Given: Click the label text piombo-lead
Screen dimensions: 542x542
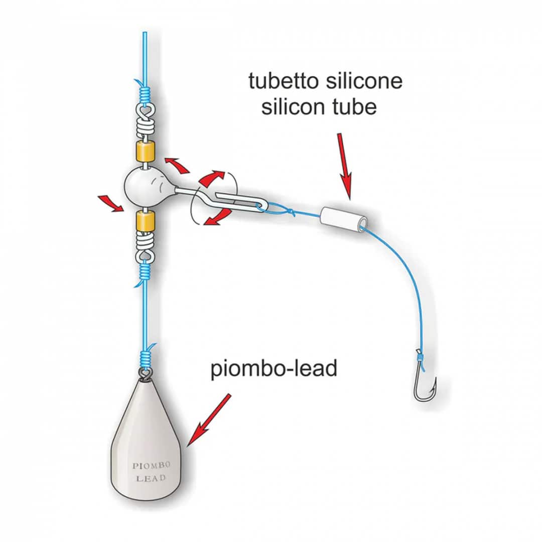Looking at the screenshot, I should pyautogui.click(x=274, y=369).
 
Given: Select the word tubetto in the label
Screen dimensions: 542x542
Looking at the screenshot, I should pyautogui.click(x=281, y=81).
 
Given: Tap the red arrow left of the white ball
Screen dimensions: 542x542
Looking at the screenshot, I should pyautogui.click(x=112, y=202).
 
